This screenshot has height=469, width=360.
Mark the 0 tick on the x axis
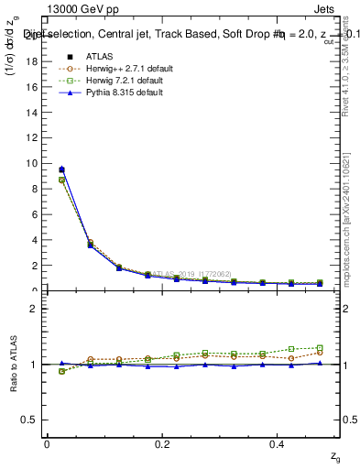point(47,443)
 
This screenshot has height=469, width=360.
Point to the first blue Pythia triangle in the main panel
point(61,169)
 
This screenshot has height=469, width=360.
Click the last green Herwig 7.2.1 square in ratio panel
point(320,348)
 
